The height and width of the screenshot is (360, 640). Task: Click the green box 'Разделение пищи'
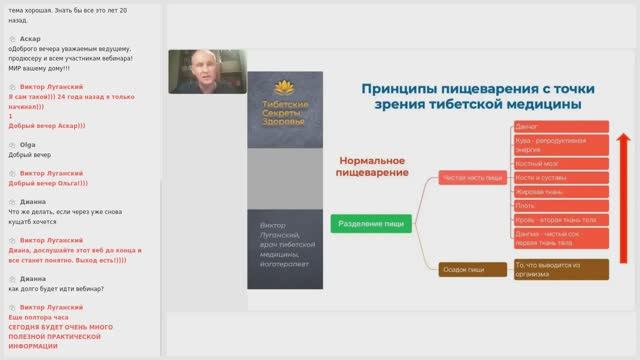pyautogui.click(x=372, y=224)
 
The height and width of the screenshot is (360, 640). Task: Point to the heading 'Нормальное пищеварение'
pyautogui.click(x=372, y=167)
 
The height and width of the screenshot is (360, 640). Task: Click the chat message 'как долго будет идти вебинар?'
pyautogui.click(x=57, y=290)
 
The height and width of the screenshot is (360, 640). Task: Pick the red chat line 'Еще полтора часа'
pyautogui.click(x=41, y=316)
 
